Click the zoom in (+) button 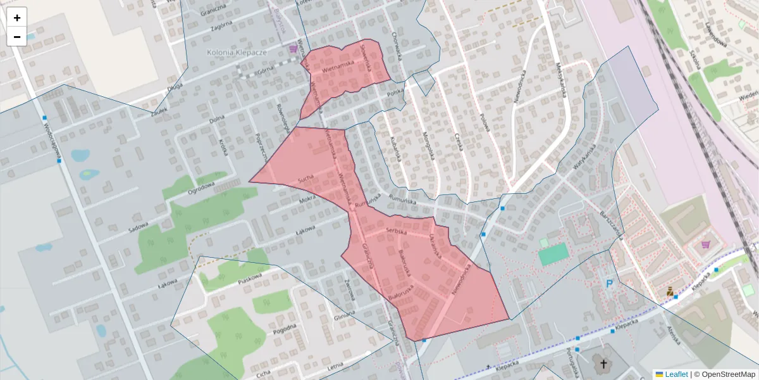click(x=17, y=18)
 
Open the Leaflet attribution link click(x=676, y=374)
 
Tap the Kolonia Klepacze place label click(x=237, y=52)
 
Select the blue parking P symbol click(x=610, y=285)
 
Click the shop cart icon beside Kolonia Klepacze click(x=293, y=48)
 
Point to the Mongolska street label click(x=429, y=146)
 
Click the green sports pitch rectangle click(x=553, y=254)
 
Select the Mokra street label click(x=307, y=199)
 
